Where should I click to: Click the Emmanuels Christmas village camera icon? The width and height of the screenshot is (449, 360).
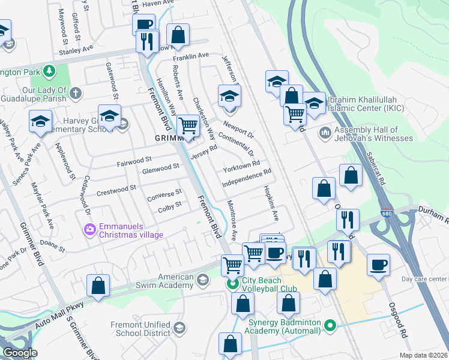90,229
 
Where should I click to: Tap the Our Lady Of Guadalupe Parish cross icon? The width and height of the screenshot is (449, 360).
75,93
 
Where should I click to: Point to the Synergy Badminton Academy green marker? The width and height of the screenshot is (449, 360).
329,326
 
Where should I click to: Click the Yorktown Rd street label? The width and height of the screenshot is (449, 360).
241,166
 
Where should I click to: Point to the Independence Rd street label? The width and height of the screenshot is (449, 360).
247,177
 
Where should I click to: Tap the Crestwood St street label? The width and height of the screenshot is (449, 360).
113,190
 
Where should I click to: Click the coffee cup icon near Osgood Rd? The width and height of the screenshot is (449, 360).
378,265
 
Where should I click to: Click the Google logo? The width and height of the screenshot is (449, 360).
20,353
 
